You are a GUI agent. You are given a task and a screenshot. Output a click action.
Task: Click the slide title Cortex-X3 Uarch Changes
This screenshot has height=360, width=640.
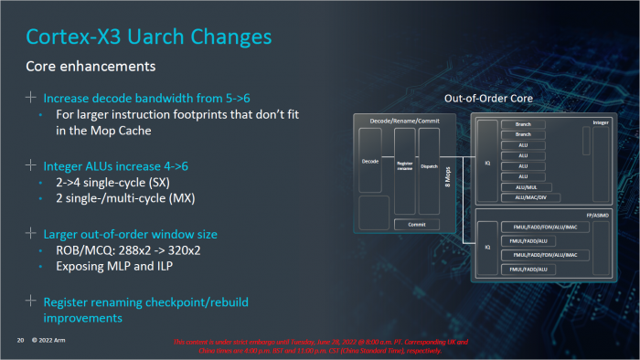(x=148, y=37)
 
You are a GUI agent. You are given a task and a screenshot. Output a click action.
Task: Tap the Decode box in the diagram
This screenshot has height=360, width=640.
(x=370, y=161)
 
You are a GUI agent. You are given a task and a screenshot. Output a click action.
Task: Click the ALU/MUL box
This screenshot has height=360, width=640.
(x=523, y=186)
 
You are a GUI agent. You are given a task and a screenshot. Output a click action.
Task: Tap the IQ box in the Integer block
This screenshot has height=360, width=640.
(x=486, y=165)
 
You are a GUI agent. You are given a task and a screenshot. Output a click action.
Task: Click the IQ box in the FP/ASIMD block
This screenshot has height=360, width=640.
(x=486, y=247)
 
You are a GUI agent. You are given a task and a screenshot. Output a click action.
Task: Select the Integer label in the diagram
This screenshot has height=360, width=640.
(x=601, y=122)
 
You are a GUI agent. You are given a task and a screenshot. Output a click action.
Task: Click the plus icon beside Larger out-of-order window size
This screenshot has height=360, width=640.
(x=32, y=234)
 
